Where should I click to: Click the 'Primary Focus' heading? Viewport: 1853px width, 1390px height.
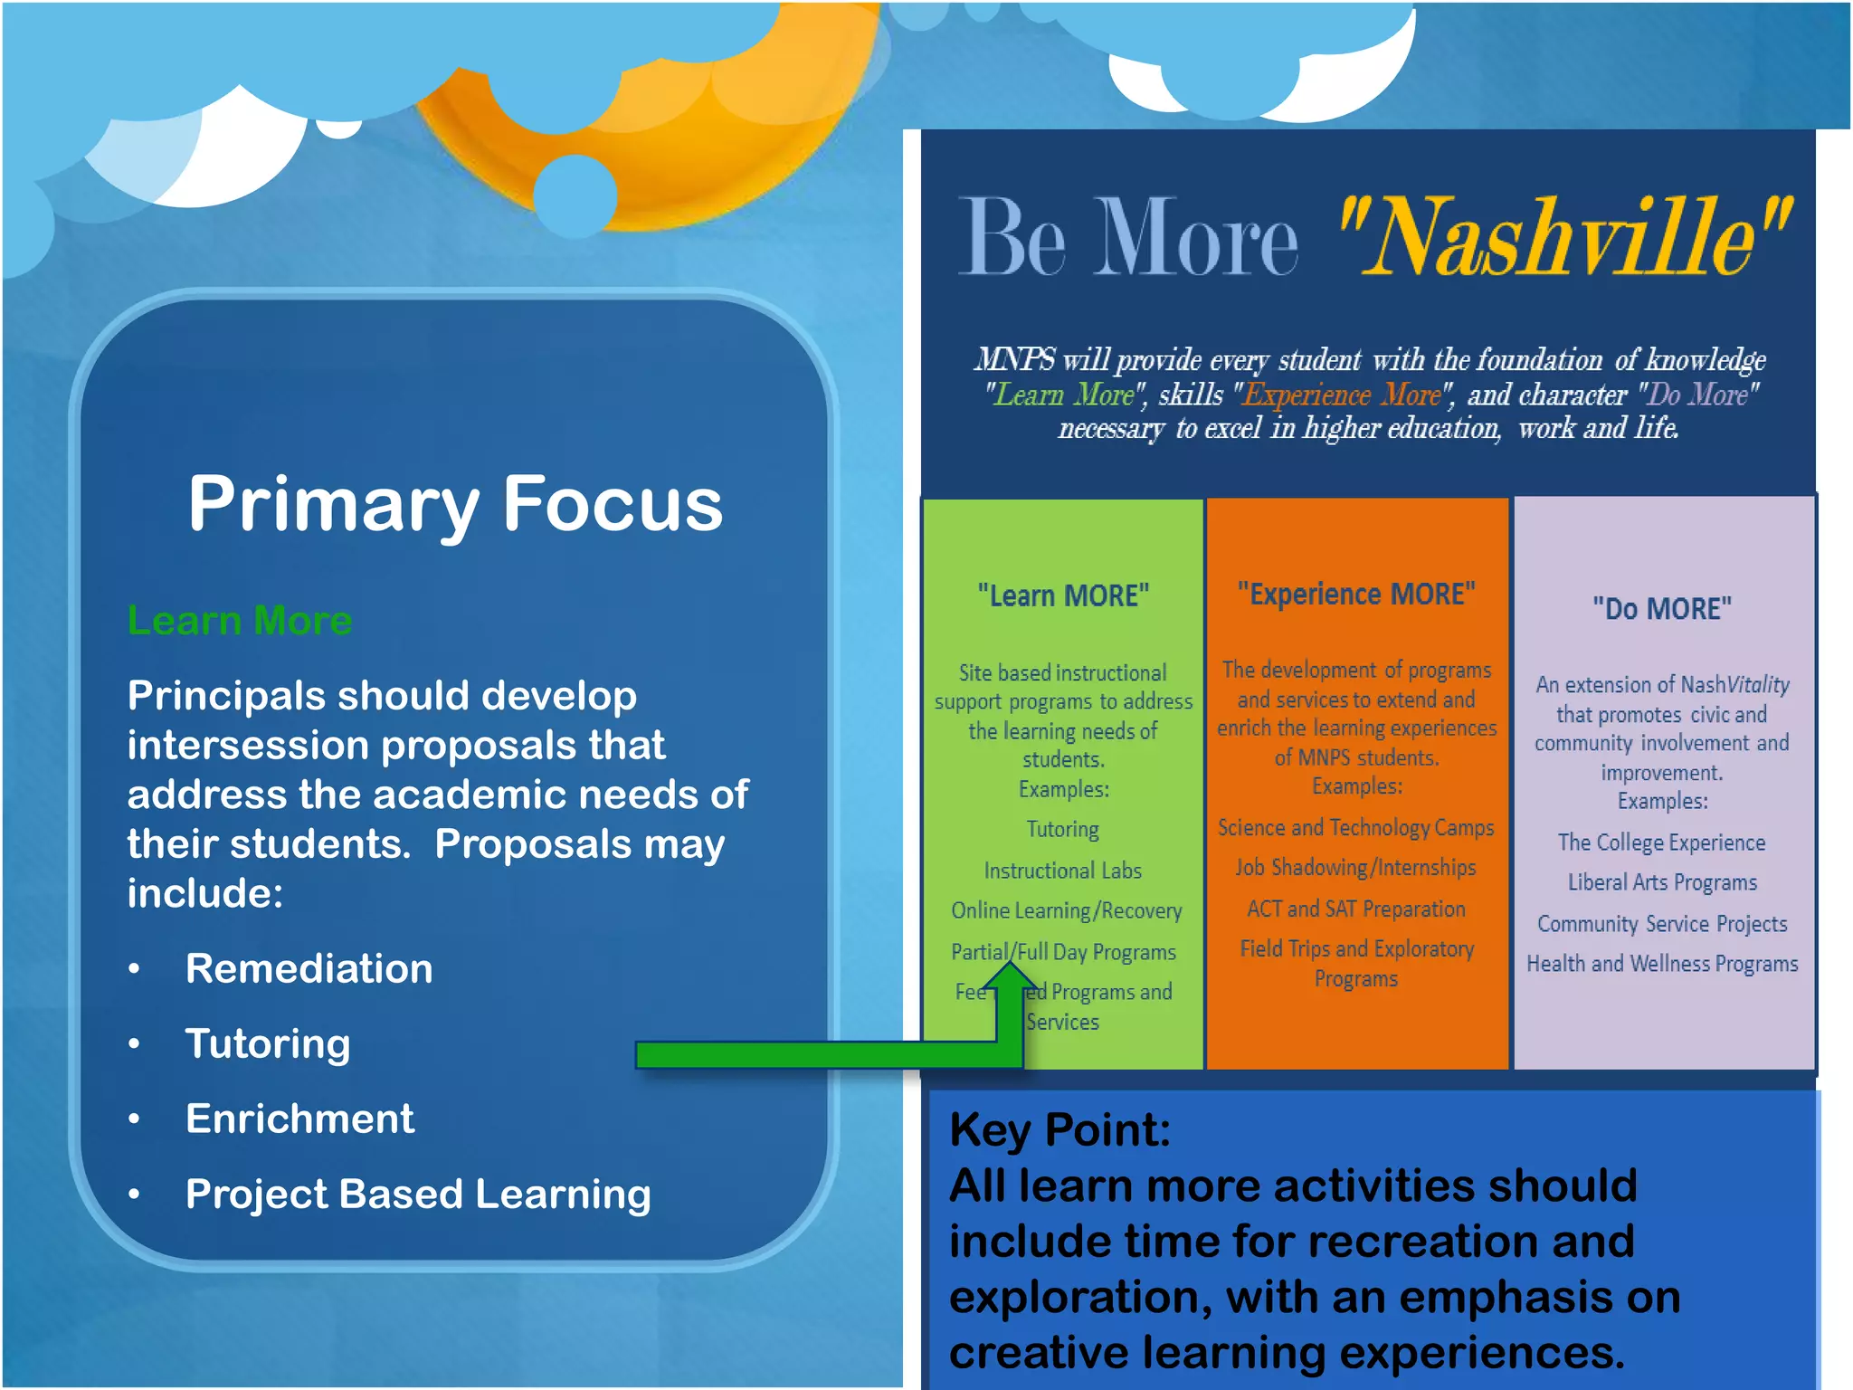point(455,504)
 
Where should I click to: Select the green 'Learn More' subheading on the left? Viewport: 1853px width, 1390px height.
point(240,621)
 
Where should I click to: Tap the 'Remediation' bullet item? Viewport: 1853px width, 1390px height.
point(309,968)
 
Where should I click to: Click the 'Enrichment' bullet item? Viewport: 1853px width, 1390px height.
point(299,1119)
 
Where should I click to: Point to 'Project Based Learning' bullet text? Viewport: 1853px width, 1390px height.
point(418,1194)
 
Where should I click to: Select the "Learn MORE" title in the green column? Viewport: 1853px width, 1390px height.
point(1063,595)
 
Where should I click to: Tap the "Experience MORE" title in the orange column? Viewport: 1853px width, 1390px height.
point(1356,594)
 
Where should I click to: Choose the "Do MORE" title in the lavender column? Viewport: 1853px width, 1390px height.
point(1662,608)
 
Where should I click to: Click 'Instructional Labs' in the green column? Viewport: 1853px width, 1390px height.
point(1063,871)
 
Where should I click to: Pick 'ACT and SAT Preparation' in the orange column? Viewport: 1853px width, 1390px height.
point(1356,909)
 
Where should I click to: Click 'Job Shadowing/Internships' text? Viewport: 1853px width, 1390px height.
point(1356,867)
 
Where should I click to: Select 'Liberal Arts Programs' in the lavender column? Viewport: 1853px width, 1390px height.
point(1662,882)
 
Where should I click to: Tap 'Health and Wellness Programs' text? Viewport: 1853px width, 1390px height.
point(1662,964)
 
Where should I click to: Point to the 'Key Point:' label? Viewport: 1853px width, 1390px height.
point(1060,1129)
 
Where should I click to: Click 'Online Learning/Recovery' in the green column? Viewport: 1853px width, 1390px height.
point(1066,910)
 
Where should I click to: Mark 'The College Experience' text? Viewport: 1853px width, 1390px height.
point(1661,843)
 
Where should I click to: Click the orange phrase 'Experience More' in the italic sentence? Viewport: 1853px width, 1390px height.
point(1343,395)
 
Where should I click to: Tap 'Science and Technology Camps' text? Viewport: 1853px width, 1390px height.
point(1355,827)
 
